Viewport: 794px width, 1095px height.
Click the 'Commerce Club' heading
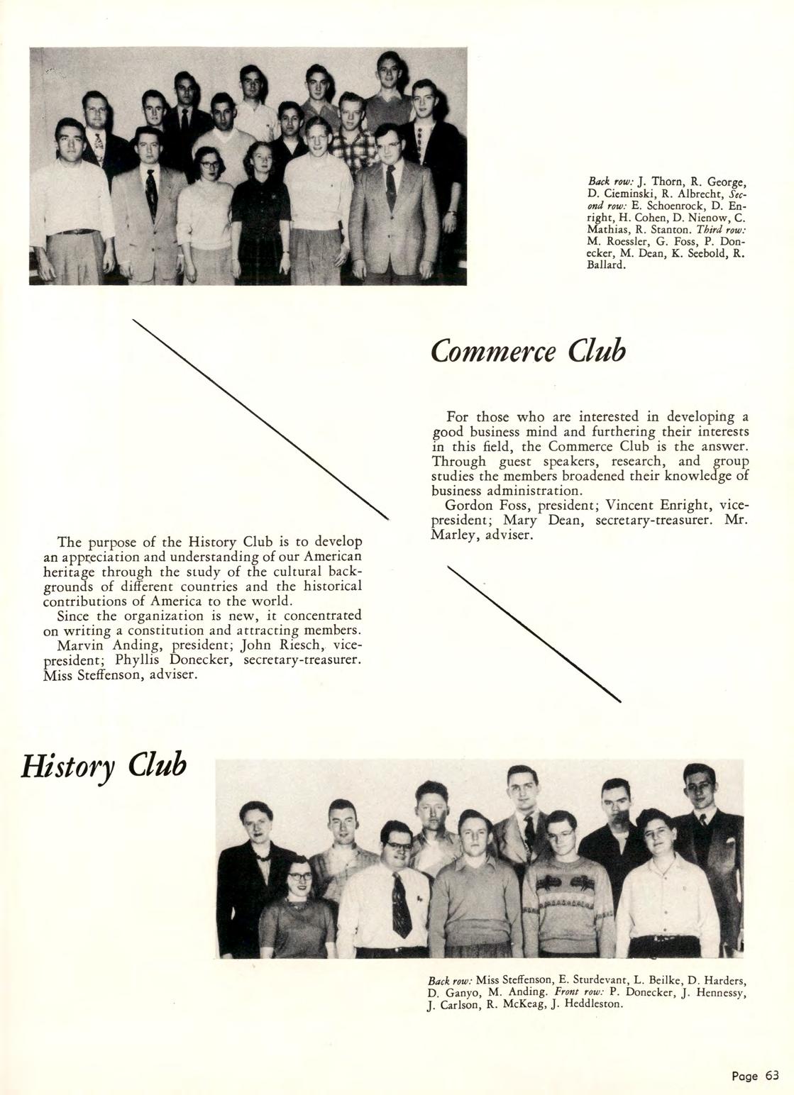529,350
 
